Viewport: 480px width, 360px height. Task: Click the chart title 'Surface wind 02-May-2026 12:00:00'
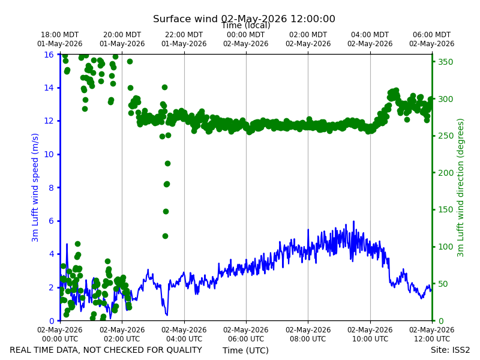pos(244,19)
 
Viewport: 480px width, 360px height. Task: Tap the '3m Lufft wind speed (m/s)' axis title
pos(35,187)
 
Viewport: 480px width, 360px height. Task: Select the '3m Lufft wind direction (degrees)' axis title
pos(460,188)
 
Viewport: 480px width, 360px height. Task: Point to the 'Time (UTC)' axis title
pos(245,350)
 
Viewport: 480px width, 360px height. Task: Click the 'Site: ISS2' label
pos(450,350)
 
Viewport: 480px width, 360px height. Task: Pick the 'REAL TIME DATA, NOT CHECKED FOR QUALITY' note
pos(106,350)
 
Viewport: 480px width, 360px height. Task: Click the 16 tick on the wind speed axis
pos(49,55)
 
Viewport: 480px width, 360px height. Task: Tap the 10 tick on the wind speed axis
pos(49,154)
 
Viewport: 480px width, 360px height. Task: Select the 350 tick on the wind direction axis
pos(445,62)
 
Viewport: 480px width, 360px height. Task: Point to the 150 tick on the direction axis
pos(445,209)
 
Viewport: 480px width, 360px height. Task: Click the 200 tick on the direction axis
pos(445,173)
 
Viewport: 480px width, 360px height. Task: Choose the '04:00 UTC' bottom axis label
pos(184,339)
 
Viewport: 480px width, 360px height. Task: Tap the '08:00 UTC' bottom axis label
pos(308,339)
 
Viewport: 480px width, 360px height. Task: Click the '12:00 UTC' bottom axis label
pos(432,339)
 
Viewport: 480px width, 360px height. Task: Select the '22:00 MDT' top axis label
pos(184,35)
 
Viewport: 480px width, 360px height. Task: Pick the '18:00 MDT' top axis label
pos(59,35)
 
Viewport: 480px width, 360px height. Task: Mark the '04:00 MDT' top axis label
pos(370,35)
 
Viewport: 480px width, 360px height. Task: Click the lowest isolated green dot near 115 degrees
pos(166,236)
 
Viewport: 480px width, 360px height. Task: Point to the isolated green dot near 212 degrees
pos(167,163)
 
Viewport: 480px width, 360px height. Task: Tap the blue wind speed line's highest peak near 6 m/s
pos(353,221)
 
